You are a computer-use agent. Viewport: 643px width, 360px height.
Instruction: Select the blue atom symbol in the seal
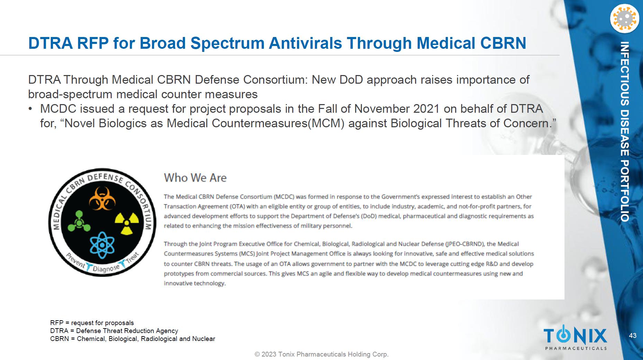tap(102, 245)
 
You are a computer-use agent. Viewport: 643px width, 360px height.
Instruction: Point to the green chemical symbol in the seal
tap(79, 221)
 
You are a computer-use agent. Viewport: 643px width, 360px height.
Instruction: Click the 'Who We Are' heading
tap(195, 178)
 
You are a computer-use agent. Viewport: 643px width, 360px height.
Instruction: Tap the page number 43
tap(633, 335)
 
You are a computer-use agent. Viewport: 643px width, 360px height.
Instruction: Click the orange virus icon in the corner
tap(624, 19)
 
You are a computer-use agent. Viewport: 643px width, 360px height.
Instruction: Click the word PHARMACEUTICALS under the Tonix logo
tap(576, 348)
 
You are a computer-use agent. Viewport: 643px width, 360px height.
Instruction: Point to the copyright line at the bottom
tap(322, 354)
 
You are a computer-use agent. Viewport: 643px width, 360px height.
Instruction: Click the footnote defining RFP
tap(92, 323)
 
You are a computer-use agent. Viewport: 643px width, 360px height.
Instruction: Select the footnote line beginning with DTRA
tap(114, 331)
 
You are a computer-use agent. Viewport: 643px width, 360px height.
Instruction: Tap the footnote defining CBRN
tap(132, 339)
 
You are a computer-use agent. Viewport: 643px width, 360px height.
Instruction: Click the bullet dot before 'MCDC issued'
tap(30, 109)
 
